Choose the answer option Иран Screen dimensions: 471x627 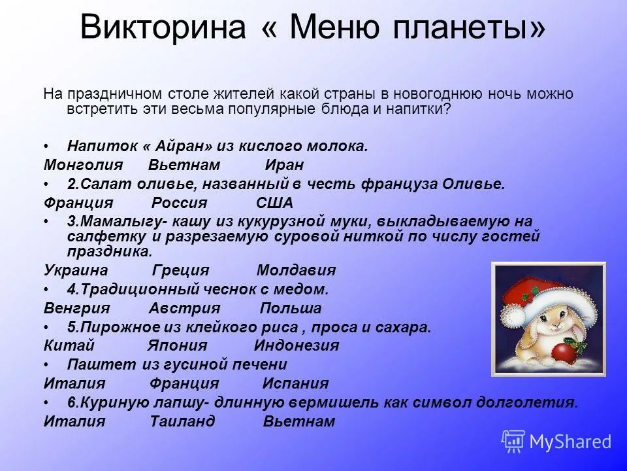pos(284,165)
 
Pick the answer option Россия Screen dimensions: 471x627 pos(179,203)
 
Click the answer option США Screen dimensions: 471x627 pos(274,203)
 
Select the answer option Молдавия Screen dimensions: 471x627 pos(296,270)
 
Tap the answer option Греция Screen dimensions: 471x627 pos(180,270)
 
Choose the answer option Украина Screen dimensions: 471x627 pos(76,270)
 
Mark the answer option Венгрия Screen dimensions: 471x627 pos(76,308)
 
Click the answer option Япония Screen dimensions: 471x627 pos(178,346)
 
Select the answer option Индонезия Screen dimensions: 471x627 pos(296,346)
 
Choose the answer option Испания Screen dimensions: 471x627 pos(295,384)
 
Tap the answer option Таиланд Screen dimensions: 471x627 pos(182,422)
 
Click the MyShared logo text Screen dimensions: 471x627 pos(570,442)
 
